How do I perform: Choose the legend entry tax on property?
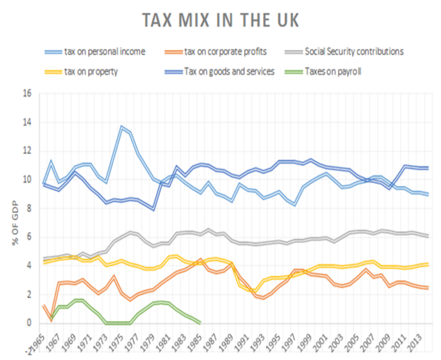91,71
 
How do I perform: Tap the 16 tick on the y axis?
27,93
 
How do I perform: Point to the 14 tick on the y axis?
27,122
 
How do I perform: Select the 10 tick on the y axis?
27,179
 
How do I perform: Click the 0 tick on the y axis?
29,323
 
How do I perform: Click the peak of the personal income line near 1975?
121,127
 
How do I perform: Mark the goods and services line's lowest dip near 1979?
153,209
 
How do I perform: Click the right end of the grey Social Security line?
427,236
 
